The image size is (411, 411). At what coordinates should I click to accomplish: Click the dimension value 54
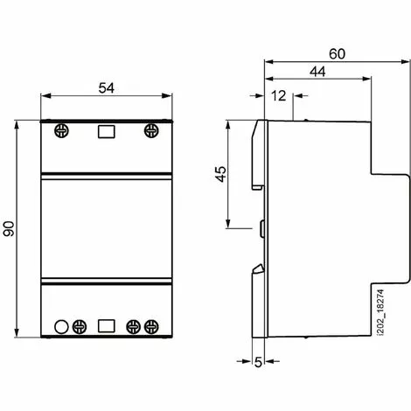coord(105,87)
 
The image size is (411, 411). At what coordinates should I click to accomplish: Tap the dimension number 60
coord(337,53)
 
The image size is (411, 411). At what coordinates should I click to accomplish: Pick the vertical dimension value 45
coord(219,175)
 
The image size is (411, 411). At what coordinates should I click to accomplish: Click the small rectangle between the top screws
coord(105,132)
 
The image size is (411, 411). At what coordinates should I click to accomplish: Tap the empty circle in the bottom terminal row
coord(61,328)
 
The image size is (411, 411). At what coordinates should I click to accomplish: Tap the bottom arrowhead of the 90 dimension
coord(18,337)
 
